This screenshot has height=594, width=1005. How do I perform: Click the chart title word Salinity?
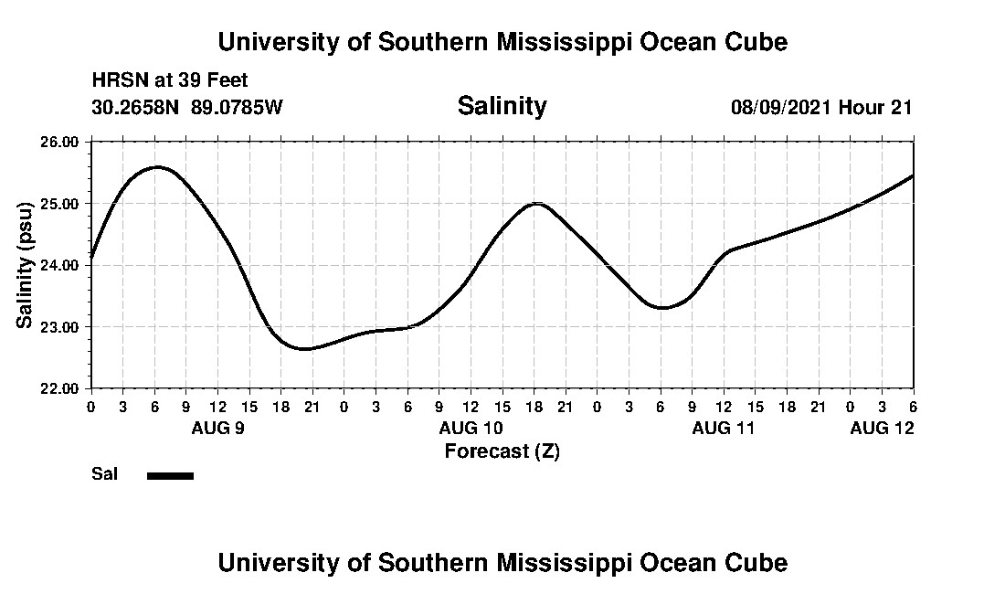point(502,106)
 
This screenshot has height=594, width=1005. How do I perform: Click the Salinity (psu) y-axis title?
point(26,265)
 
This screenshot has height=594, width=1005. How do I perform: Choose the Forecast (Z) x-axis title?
point(502,451)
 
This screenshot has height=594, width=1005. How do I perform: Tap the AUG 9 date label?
point(217,428)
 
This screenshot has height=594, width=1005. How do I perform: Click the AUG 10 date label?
point(471,428)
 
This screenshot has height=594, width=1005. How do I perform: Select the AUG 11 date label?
point(724,428)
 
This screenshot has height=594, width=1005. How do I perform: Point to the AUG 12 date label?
point(882,428)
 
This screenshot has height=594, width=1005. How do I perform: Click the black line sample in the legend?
point(170,475)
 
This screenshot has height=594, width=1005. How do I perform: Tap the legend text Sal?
point(103,474)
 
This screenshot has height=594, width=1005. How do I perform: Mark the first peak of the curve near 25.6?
point(157,167)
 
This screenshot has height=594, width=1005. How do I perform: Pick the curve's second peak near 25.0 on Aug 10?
point(537,203)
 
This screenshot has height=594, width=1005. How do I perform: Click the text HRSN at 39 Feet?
point(170,81)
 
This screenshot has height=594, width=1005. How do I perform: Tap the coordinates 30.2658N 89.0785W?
point(187,107)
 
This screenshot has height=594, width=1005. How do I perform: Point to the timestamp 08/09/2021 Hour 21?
point(820,107)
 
